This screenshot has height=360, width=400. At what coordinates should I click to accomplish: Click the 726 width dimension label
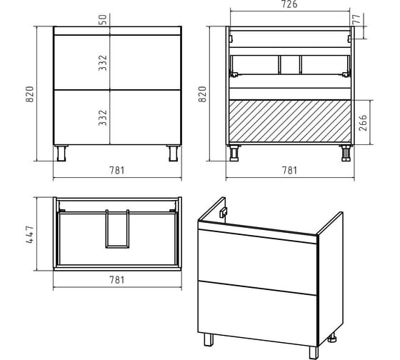coord(289,4)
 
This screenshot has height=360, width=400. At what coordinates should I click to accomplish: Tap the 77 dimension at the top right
coord(356,19)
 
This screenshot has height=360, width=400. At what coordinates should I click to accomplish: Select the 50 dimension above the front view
coord(103,20)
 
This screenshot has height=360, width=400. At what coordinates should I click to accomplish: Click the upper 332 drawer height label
coord(103,63)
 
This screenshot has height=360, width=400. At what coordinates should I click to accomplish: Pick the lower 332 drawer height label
coord(103,118)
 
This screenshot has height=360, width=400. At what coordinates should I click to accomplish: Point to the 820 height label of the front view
coord(29,94)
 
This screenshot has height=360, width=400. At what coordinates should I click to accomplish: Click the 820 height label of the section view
coord(202,94)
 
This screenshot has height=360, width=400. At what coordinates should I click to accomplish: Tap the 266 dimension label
coord(363,123)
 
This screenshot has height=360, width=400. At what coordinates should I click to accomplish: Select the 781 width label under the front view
coord(117,171)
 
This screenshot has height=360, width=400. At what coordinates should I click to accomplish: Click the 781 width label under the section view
coord(289,171)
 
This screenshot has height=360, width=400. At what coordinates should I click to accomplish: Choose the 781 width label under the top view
coord(117,280)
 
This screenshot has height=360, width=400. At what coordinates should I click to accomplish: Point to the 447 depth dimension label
coord(29,234)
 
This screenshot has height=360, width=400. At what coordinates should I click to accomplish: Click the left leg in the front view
coord(61,153)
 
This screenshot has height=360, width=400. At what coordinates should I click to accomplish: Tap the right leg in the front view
coord(174,153)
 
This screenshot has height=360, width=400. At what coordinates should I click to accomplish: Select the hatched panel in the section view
coord(290,121)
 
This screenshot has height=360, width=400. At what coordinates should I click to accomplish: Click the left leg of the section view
coord(234,153)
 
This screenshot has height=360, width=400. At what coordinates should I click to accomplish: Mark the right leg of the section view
coord(346,153)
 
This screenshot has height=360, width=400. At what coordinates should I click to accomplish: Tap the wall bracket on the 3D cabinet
coord(224,212)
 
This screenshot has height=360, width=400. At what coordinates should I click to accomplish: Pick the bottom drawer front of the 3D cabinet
coord(257,314)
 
